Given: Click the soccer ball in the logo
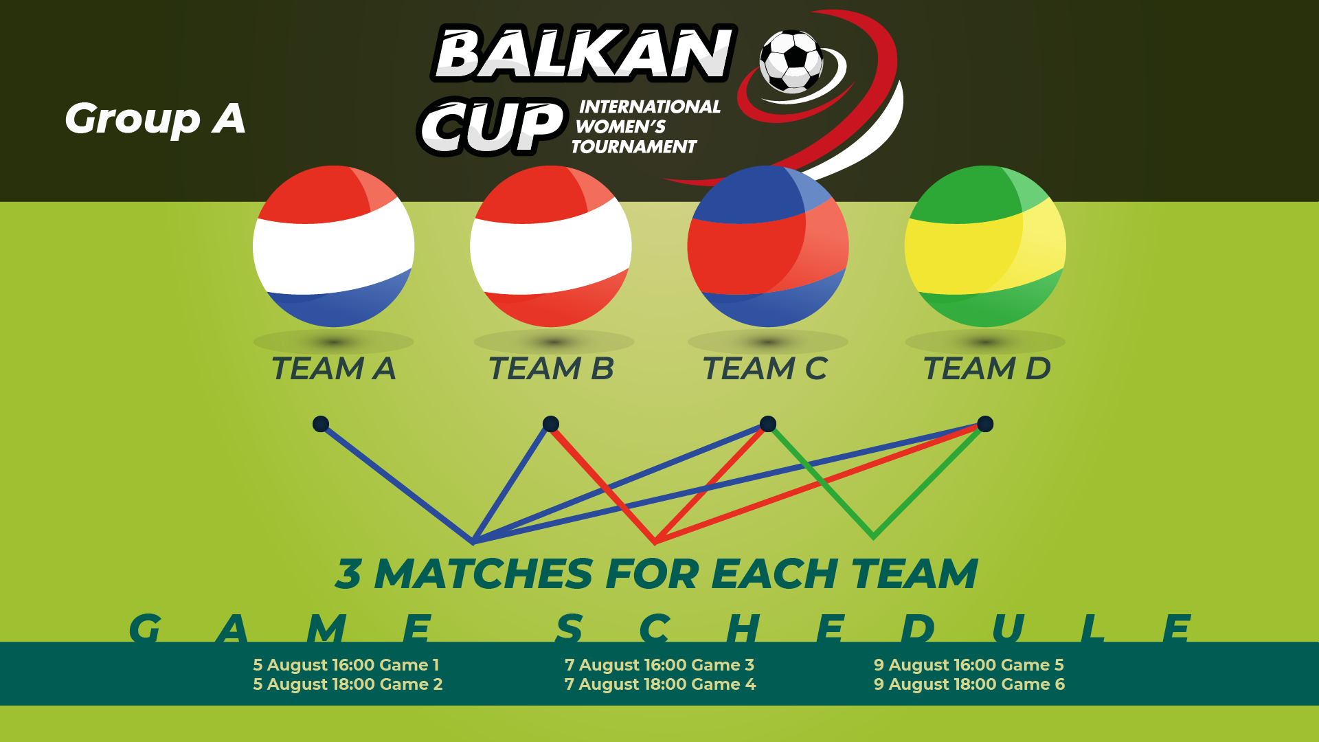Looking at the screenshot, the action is pyautogui.click(x=791, y=61).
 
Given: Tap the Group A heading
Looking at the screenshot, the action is pyautogui.click(x=155, y=119).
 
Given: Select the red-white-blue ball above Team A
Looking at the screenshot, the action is pyautogui.click(x=333, y=246).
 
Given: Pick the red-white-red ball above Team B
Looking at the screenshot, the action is pyautogui.click(x=550, y=246).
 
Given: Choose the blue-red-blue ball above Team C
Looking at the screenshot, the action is pyautogui.click(x=768, y=246).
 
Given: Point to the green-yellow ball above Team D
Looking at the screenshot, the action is pyautogui.click(x=985, y=246).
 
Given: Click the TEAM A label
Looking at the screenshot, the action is pyautogui.click(x=334, y=369).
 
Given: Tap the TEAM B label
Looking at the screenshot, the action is pyautogui.click(x=551, y=369).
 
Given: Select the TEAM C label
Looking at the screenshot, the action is pyautogui.click(x=765, y=369).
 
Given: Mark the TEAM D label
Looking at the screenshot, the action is pyautogui.click(x=987, y=369).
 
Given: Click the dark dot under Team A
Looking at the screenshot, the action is pyautogui.click(x=321, y=424).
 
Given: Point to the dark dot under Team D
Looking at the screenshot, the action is pyautogui.click(x=985, y=424).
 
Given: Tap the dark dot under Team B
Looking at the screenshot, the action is pyautogui.click(x=550, y=424).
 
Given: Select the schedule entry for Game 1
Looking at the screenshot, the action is pyautogui.click(x=346, y=665).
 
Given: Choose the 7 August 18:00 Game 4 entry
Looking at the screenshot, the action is pyautogui.click(x=660, y=684).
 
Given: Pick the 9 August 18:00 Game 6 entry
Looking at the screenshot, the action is pyautogui.click(x=969, y=684).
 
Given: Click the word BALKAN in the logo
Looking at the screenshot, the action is pyautogui.click(x=583, y=53).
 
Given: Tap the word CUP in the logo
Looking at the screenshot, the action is pyautogui.click(x=493, y=126).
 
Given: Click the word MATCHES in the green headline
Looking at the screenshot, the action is pyautogui.click(x=483, y=574).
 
